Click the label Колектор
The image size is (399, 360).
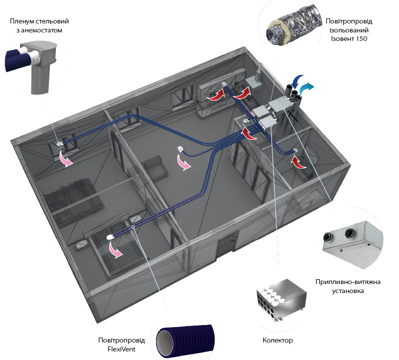pyautogui.click(x=277, y=340)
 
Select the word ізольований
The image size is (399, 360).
pyautogui.click(x=348, y=30)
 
